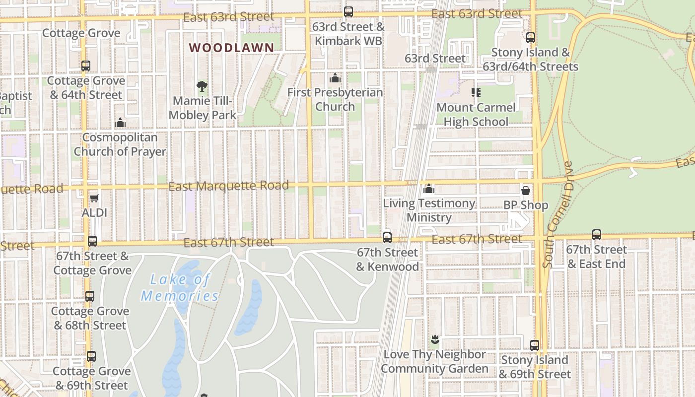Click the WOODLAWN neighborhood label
click(231, 48)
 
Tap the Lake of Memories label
click(180, 288)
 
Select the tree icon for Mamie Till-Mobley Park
click(202, 87)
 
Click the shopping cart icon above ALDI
click(94, 198)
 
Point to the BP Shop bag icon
click(526, 191)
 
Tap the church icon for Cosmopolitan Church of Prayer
click(120, 123)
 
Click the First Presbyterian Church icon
click(335, 78)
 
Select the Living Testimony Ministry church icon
click(429, 189)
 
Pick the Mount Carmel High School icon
click(476, 93)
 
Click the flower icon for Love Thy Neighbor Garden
click(435, 340)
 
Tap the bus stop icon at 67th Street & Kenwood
click(387, 238)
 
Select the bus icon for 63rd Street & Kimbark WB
click(348, 12)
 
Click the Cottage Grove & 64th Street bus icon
click(86, 66)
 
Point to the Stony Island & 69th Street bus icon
click(535, 345)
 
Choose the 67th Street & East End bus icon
click(597, 235)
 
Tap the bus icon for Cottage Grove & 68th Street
click(90, 296)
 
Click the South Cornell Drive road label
click(558, 214)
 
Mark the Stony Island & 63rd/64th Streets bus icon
click(531, 38)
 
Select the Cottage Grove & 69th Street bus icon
click(91, 356)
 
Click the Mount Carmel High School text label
click(476, 115)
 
